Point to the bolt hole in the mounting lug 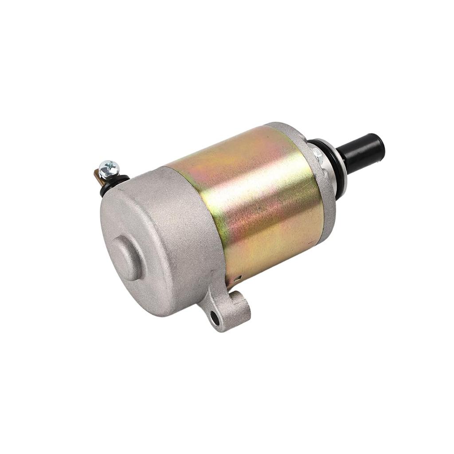(215, 318)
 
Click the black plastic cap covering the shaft (361, 153)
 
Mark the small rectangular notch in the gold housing (239, 278)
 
